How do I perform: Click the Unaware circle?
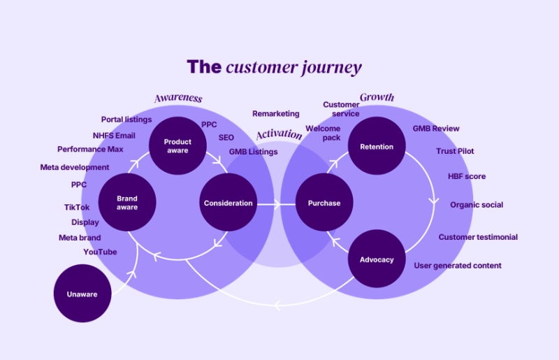pyautogui.click(x=82, y=294)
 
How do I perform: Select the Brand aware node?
pyautogui.click(x=127, y=202)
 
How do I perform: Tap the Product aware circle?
pyautogui.click(x=177, y=145)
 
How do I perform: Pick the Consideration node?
pyautogui.click(x=228, y=202)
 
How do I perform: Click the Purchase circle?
pyautogui.click(x=324, y=202)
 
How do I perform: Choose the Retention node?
pyautogui.click(x=377, y=145)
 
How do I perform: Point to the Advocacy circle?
pyautogui.click(x=377, y=259)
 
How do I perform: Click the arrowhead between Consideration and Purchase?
pyautogui.click(x=277, y=204)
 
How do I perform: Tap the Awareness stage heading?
pyautogui.click(x=178, y=98)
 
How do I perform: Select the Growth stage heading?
pyautogui.click(x=377, y=97)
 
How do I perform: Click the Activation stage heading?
pyautogui.click(x=279, y=134)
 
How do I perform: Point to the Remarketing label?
pyautogui.click(x=276, y=113)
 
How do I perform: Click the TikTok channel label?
pyautogui.click(x=77, y=208)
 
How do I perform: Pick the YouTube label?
pyautogui.click(x=100, y=252)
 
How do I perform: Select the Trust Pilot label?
pyautogui.click(x=455, y=151)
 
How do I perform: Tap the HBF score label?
pyautogui.click(x=467, y=176)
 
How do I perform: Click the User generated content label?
pyautogui.click(x=458, y=266)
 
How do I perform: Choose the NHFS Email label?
pyautogui.click(x=114, y=136)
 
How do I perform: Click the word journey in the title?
pyautogui.click(x=331, y=68)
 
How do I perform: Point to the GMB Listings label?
pyautogui.click(x=253, y=152)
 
